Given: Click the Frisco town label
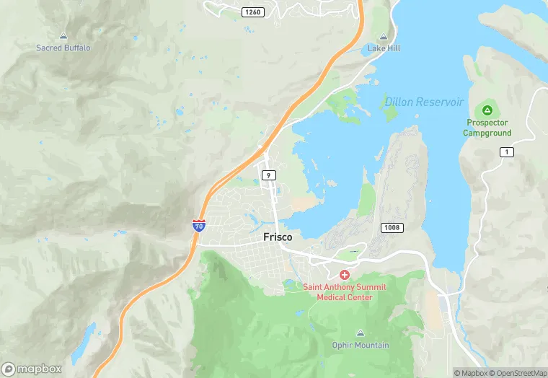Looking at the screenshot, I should pyautogui.click(x=278, y=236).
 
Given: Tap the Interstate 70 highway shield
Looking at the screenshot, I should pyautogui.click(x=198, y=225).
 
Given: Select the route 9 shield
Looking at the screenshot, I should pyautogui.click(x=268, y=175).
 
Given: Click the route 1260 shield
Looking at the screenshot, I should pyautogui.click(x=253, y=12).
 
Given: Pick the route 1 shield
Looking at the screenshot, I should pyautogui.click(x=507, y=151).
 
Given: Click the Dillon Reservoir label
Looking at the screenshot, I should pyautogui.click(x=424, y=102).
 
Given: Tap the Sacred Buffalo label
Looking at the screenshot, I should pyautogui.click(x=63, y=48).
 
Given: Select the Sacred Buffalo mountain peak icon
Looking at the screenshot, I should pyautogui.click(x=63, y=35).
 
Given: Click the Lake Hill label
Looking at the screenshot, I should pyautogui.click(x=384, y=48).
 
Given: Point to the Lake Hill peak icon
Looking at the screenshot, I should pyautogui.click(x=383, y=36).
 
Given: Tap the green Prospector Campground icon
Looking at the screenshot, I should pyautogui.click(x=488, y=110).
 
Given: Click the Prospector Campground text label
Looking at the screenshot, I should pyautogui.click(x=488, y=128).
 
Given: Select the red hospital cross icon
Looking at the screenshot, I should pyautogui.click(x=345, y=275).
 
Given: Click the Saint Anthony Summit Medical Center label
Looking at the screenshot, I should pyautogui.click(x=345, y=292).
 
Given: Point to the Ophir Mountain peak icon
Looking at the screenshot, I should pyautogui.click(x=361, y=333).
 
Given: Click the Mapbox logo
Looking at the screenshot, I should pyautogui.click(x=32, y=369).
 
